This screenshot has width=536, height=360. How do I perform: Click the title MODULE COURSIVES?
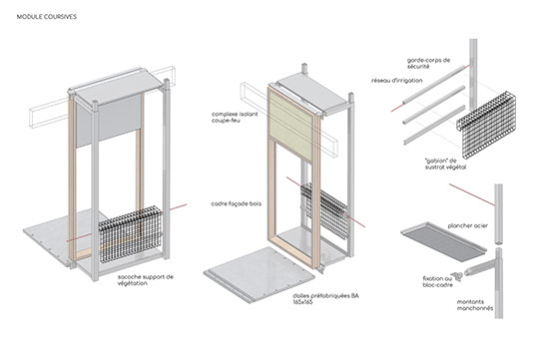[47, 17]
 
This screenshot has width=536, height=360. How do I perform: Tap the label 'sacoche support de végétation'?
[146, 280]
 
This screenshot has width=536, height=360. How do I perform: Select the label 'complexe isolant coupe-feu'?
[235, 117]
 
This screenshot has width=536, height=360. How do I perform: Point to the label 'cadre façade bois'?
[237, 203]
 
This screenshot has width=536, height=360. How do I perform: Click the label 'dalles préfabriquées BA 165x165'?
[325, 299]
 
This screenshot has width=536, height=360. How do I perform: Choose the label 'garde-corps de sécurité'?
[428, 64]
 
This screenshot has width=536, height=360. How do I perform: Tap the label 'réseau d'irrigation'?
[397, 81]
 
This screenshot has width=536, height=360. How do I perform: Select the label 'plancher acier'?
[468, 225]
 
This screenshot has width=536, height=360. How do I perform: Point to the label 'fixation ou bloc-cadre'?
[437, 282]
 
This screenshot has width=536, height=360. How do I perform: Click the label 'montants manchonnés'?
[475, 305]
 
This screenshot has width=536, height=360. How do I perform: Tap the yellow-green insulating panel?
[290, 125]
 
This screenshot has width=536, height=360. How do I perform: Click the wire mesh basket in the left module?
[130, 234]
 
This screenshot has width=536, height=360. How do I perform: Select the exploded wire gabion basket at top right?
[486, 126]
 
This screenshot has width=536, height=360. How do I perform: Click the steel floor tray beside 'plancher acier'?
[443, 241]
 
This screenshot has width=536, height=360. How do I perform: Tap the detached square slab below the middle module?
[260, 274]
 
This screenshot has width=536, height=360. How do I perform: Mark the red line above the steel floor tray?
[472, 194]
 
